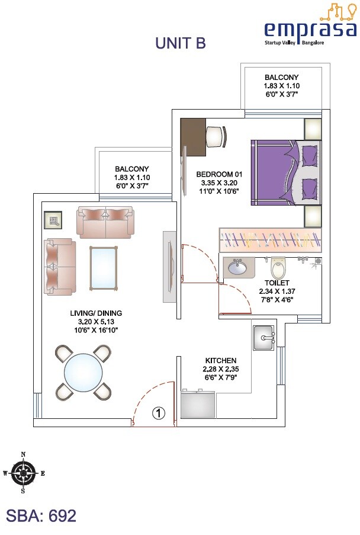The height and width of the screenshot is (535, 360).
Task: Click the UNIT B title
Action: point(180,43)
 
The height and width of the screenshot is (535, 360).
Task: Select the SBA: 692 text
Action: point(41,515)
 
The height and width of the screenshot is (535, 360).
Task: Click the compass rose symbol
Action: point(23,473)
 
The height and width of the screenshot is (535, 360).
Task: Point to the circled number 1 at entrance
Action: point(159,413)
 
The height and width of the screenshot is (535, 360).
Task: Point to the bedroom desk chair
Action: point(216,137)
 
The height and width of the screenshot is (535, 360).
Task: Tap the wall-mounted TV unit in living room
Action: point(169,260)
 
